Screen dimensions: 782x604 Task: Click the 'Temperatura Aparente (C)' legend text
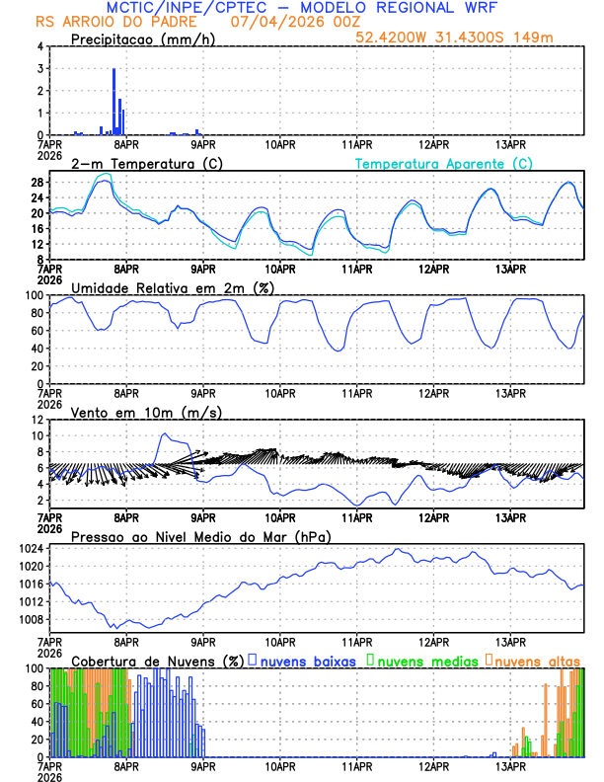(x=444, y=163)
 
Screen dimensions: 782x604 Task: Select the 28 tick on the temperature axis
(x=36, y=183)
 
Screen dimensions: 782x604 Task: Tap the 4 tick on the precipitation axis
(x=39, y=46)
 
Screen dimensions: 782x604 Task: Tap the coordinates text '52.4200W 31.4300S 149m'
(x=469, y=38)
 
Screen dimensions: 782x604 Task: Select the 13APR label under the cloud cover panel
(x=510, y=765)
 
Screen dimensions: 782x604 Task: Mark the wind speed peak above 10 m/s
(x=164, y=433)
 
